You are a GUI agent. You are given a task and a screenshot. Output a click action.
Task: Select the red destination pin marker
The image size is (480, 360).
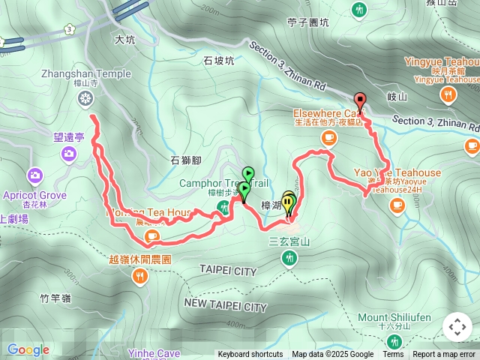tap(360, 101)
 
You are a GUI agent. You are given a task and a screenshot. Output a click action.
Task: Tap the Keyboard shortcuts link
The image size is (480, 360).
tap(250, 355)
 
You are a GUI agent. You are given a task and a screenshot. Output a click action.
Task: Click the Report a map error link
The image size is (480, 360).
tap(444, 355)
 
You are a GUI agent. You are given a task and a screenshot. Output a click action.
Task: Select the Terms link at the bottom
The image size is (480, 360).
tap(393, 355)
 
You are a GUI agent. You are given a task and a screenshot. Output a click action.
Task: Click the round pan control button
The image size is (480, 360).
tap(457, 327)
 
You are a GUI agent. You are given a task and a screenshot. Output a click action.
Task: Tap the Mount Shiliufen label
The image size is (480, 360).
tap(394, 317)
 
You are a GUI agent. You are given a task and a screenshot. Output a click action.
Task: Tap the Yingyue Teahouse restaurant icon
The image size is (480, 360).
tap(448, 94)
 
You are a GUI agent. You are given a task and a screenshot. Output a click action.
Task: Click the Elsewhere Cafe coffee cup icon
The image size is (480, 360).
tap(328, 137)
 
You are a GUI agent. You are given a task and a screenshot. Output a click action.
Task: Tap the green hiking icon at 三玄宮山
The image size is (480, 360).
tap(289, 258)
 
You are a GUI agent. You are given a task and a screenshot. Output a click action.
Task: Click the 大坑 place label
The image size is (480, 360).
tap(125, 40)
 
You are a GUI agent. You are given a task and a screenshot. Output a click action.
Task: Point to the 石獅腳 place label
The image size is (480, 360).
tap(186, 160)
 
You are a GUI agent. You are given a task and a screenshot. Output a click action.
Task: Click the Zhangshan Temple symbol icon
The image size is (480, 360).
tap(87, 98)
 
